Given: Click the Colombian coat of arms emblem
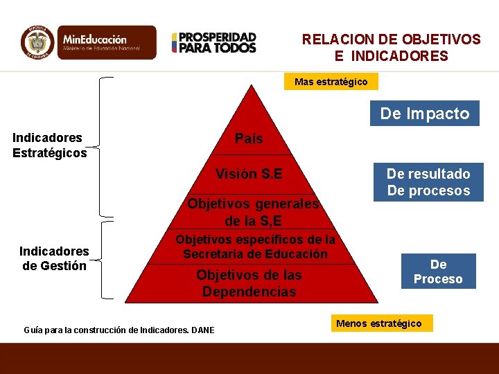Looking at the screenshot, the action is (x=38, y=42).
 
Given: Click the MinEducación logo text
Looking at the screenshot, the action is (x=100, y=42).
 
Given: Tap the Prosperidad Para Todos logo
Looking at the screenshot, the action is (x=214, y=42).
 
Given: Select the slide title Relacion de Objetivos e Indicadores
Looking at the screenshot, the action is (x=391, y=48).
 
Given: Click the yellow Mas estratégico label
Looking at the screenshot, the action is (x=331, y=82).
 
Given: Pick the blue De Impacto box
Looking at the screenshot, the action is (x=424, y=114).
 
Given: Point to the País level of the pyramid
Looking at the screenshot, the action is (x=249, y=139).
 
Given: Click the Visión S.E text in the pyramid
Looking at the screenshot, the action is (x=249, y=173).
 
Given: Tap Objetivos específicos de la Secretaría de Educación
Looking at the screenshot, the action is (x=255, y=247).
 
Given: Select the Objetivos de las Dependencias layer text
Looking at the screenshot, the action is (x=249, y=283).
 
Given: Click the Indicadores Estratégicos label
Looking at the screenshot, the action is (x=49, y=145).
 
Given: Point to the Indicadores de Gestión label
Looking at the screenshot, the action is (x=54, y=258).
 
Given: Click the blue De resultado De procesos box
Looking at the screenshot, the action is (x=428, y=182).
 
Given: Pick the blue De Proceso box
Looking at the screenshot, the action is (x=438, y=271).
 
